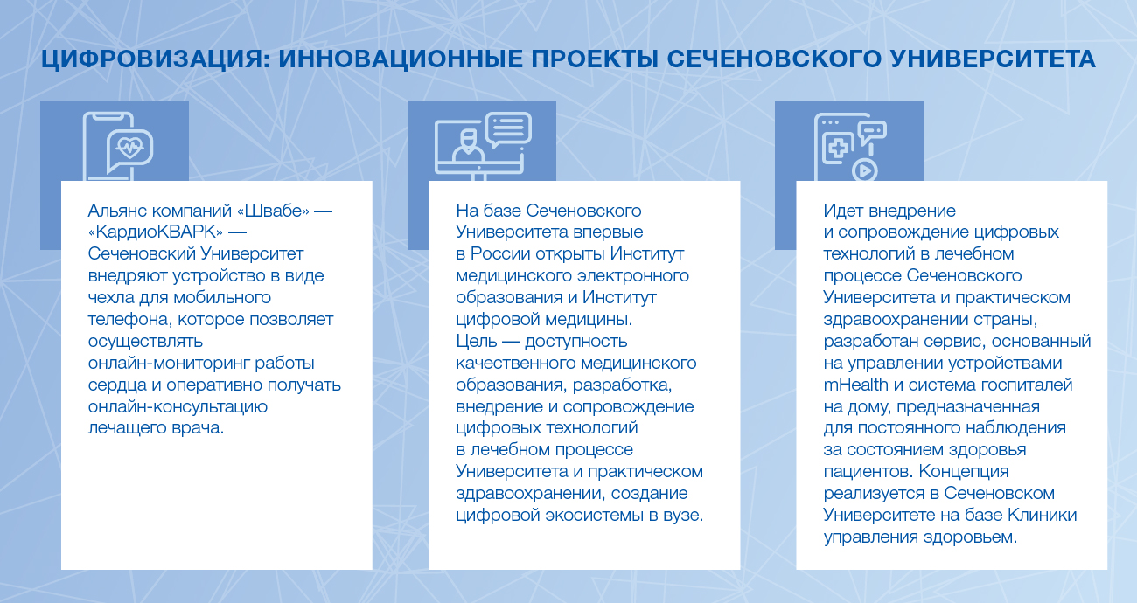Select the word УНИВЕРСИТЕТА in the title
click(x=993, y=59)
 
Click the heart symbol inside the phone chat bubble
click(x=130, y=148)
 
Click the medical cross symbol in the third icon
click(x=838, y=148)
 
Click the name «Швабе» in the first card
click(x=273, y=211)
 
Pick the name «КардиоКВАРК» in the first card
click(x=156, y=232)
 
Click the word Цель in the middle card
click(x=476, y=342)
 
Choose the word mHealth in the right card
click(x=855, y=385)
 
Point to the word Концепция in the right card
click(x=964, y=472)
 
